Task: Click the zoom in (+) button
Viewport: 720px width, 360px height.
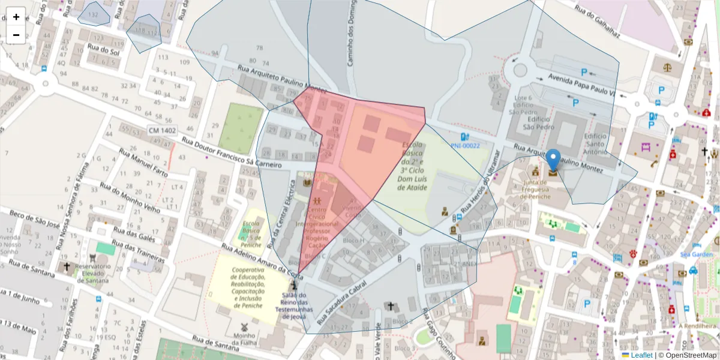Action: point(16,17)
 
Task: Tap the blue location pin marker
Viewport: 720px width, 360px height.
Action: point(553,161)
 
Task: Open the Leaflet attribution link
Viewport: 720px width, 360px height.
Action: point(641,355)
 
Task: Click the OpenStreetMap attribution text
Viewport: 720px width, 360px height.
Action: point(687,355)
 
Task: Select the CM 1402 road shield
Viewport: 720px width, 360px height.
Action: point(162,130)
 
